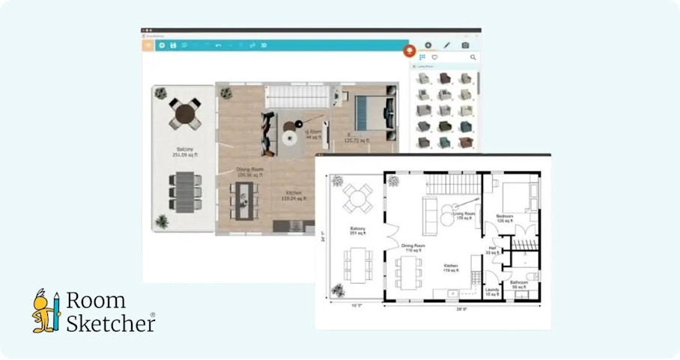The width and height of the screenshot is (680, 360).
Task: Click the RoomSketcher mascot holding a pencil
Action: coord(46,311)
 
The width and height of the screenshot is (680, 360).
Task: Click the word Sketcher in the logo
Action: coord(110,323)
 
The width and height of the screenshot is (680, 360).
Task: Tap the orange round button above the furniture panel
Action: coord(409,50)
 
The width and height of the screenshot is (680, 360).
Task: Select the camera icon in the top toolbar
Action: coord(465,46)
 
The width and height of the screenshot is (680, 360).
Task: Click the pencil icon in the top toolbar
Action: coord(447,46)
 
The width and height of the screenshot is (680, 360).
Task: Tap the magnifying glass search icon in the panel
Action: coord(473,57)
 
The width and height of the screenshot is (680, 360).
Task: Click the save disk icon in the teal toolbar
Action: coord(173,46)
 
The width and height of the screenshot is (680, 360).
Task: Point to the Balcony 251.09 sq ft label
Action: coord(183,153)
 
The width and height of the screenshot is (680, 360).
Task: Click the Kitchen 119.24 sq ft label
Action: coord(291,196)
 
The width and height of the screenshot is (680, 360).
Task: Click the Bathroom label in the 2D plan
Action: coord(519,284)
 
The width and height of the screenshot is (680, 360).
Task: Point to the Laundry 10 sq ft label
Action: coord(492,291)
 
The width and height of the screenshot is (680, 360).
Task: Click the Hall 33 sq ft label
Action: coord(493,251)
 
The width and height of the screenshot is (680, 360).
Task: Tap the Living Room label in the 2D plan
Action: coord(464,216)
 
